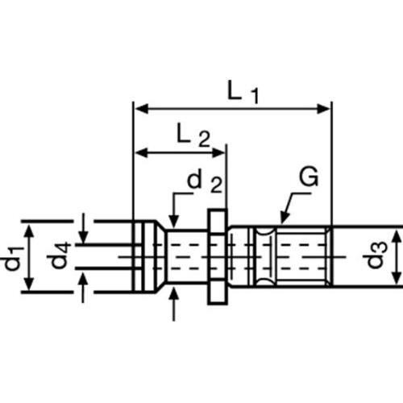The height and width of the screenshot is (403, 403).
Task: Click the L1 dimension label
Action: (x=243, y=92)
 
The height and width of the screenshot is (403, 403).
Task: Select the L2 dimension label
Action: (x=193, y=135)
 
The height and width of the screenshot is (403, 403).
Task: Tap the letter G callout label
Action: (x=309, y=177)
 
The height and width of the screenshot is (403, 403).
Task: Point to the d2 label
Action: (x=205, y=182)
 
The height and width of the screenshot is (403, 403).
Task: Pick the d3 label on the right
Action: (x=378, y=255)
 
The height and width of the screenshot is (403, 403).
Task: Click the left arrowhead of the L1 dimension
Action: (x=141, y=109)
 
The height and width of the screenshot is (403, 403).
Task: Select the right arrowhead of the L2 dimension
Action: (x=218, y=152)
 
